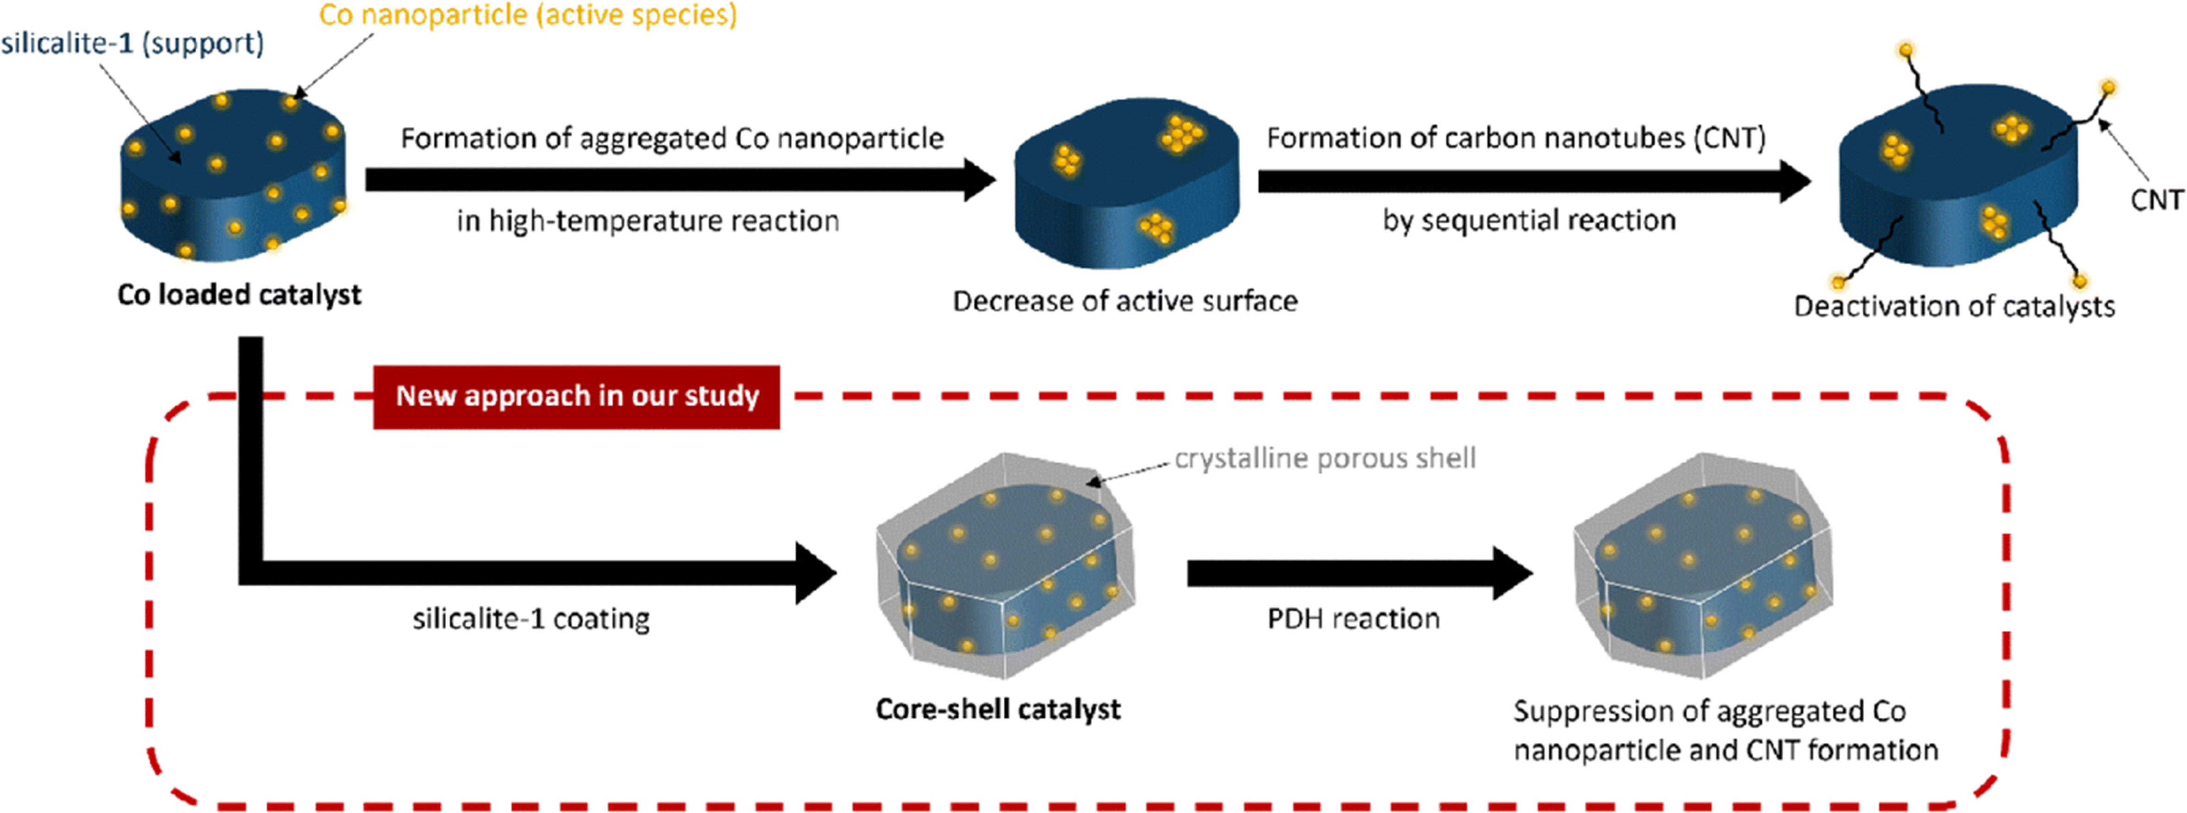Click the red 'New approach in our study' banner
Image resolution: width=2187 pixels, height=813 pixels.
click(x=576, y=396)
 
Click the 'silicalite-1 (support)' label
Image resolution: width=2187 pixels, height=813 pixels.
click(x=132, y=43)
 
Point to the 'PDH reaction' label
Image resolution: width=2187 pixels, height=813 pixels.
click(x=1353, y=619)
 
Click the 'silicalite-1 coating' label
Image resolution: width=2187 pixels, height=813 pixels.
click(x=531, y=619)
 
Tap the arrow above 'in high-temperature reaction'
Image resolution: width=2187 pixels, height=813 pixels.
click(x=679, y=179)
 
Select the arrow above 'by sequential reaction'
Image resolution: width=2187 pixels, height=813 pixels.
click(x=1532, y=181)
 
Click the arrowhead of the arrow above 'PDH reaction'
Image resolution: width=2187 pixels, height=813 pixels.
click(x=1511, y=574)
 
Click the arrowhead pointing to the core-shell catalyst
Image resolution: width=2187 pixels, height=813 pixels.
click(x=815, y=574)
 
